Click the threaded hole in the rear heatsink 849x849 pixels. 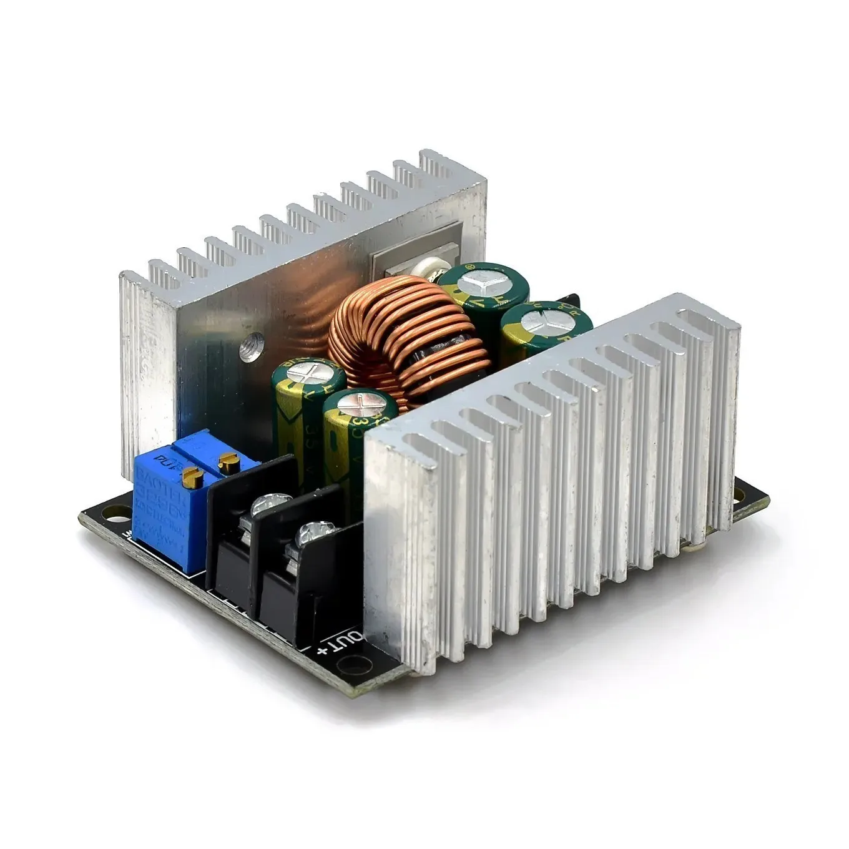tap(253, 342)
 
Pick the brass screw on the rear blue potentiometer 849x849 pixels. tap(226, 461)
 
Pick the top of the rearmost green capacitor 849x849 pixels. tap(481, 282)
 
